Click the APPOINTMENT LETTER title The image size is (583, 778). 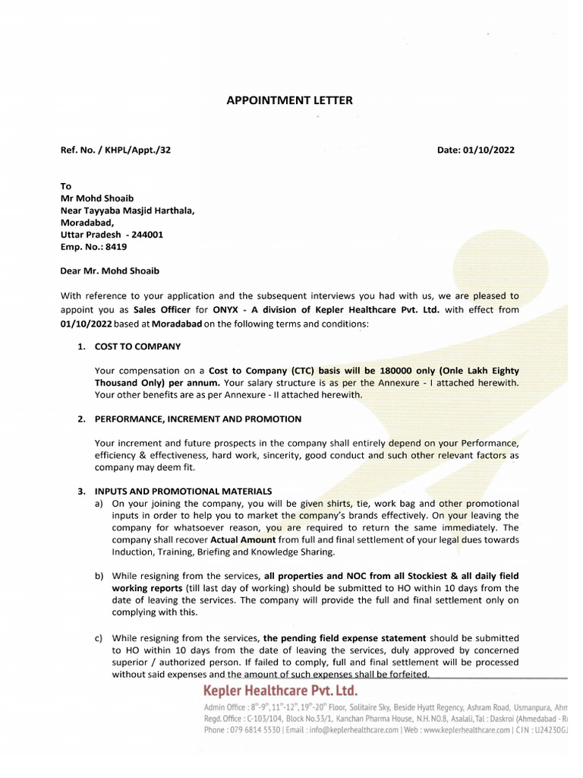coord(290,100)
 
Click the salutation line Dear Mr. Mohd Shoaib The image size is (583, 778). coord(110,270)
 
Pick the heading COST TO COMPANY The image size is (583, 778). coord(137,346)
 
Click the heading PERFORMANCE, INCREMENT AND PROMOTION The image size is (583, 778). coord(197,419)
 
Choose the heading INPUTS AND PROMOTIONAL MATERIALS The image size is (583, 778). coord(183,491)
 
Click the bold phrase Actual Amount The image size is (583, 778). coord(241,539)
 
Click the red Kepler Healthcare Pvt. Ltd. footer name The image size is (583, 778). coord(279,691)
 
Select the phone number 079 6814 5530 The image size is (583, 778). coord(254,730)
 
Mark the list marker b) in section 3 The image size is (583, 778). coord(99,576)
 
